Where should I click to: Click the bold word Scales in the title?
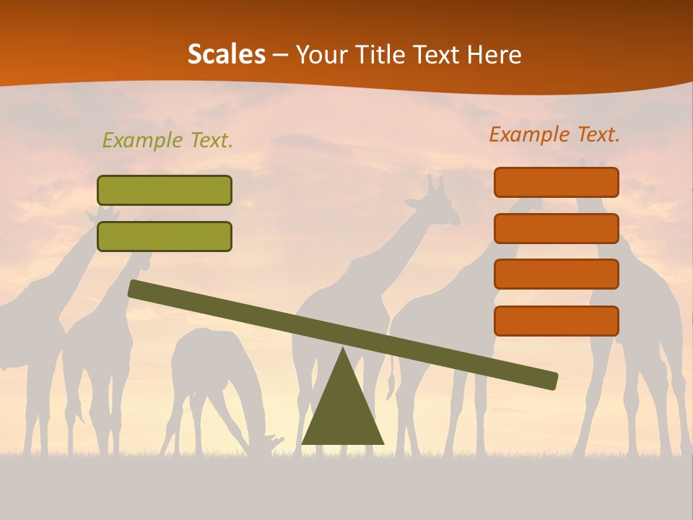point(226,54)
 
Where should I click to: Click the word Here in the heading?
point(492,54)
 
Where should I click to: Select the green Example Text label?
point(167,140)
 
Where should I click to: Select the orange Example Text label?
point(554,134)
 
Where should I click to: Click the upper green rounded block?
point(165,191)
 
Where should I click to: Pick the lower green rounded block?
point(165,236)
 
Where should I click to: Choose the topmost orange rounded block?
point(557,183)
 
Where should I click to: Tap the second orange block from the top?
point(557,228)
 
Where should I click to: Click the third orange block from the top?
point(557,274)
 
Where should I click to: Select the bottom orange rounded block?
point(557,321)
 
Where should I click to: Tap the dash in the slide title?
point(281,55)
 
